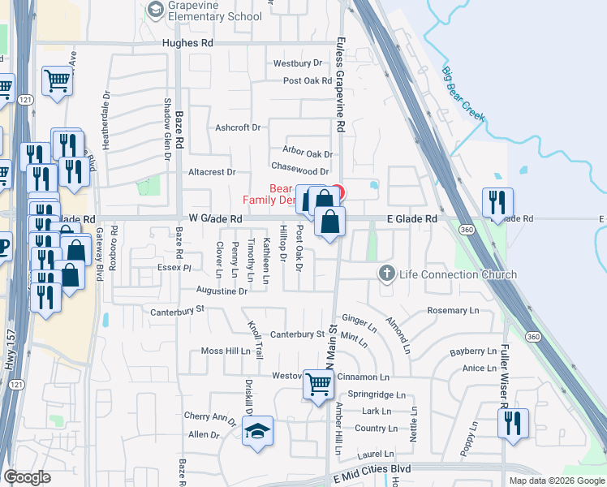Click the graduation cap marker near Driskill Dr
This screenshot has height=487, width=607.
click(x=258, y=431)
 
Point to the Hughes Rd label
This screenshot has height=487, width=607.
click(x=187, y=43)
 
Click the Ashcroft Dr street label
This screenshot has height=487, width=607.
click(x=238, y=127)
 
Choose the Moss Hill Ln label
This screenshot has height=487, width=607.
click(x=226, y=351)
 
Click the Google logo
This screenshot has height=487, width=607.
click(x=27, y=478)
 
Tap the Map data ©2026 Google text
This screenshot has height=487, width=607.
click(x=557, y=481)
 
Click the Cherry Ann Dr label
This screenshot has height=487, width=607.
click(x=209, y=416)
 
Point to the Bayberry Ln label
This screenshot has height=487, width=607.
click(x=472, y=351)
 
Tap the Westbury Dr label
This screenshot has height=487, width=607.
click(x=293, y=62)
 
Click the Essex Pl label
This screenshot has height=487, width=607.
click(x=174, y=266)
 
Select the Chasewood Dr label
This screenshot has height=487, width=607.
click(x=299, y=171)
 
